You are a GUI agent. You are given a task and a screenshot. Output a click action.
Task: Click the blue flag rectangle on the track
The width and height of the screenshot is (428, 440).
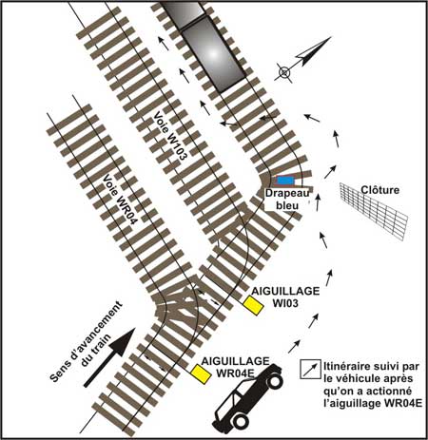tap(285, 181)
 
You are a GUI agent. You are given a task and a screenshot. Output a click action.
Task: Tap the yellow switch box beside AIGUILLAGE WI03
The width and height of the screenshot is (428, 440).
tap(253, 305)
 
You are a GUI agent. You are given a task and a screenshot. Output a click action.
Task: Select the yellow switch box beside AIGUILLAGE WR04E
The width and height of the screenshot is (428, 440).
tap(201, 374)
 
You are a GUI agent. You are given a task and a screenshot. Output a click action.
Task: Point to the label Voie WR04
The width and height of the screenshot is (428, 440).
tap(119, 200)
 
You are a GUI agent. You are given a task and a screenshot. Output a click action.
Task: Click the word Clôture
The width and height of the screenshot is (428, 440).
tap(379, 190)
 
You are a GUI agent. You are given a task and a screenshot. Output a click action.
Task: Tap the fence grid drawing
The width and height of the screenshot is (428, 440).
tap(373, 211)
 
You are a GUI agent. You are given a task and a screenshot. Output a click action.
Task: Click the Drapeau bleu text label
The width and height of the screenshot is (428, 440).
tap(287, 200)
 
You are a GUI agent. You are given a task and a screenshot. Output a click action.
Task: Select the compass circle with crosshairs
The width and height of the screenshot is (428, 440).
tap(284, 72)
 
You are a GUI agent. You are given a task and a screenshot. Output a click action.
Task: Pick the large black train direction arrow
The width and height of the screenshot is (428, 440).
tap(109, 357)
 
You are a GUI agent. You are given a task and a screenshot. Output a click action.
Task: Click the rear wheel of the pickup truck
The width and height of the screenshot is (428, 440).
tap(240, 420)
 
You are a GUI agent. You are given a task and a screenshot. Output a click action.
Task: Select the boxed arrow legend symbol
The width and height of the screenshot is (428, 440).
tap(310, 370)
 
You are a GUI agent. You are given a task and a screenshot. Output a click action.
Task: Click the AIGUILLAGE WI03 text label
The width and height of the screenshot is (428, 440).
tap(285, 297)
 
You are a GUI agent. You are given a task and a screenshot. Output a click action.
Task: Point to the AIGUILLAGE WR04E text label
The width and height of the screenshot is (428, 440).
tap(235, 367)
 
